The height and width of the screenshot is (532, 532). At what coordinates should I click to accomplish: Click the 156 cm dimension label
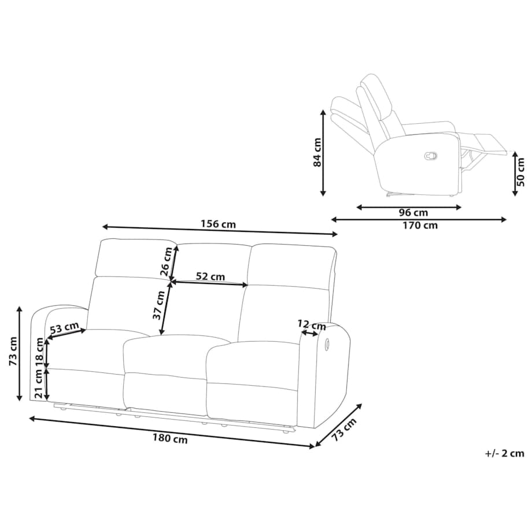[x=218, y=224]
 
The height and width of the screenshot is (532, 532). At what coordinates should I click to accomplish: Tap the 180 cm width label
[x=169, y=439]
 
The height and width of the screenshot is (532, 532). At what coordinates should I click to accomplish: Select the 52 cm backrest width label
[x=210, y=276]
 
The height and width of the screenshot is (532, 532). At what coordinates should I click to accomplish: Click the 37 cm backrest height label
[x=159, y=305]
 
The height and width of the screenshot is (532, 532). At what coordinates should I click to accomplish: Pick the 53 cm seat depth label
[x=64, y=328]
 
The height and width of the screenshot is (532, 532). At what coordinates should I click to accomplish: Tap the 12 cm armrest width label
[x=312, y=325]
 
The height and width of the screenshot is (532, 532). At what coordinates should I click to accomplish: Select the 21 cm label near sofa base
[x=39, y=384]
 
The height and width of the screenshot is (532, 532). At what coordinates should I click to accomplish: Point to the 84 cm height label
[x=317, y=152]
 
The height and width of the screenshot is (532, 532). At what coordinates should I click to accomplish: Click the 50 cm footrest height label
[x=521, y=173]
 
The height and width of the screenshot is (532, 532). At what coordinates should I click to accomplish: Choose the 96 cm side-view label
[x=413, y=213]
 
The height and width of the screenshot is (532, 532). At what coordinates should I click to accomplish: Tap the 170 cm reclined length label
[x=420, y=226]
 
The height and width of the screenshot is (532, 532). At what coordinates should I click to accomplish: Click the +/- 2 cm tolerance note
[x=505, y=453]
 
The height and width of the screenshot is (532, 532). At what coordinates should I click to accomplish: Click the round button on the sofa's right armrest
[x=327, y=344]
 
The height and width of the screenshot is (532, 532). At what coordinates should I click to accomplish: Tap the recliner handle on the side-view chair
[x=431, y=156]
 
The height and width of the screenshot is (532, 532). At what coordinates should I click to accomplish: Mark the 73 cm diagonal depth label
[x=344, y=429]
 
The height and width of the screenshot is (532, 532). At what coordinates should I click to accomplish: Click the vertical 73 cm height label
[x=13, y=351]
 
